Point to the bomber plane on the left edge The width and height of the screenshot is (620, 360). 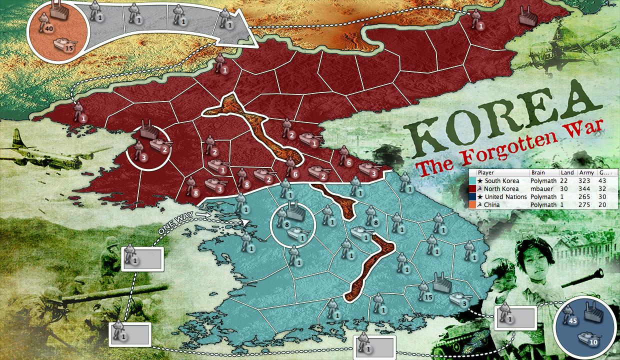(30, 150)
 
